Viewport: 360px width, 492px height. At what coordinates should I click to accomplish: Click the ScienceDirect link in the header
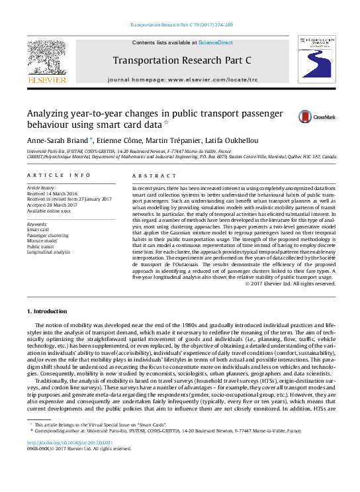click(x=216, y=42)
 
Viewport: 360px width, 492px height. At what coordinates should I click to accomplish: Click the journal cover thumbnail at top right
click(x=316, y=60)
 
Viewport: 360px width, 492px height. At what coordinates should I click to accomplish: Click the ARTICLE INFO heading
click(x=59, y=175)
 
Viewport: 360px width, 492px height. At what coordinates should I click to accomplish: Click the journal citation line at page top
click(x=180, y=25)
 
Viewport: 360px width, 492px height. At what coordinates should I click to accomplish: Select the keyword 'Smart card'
click(x=38, y=230)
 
